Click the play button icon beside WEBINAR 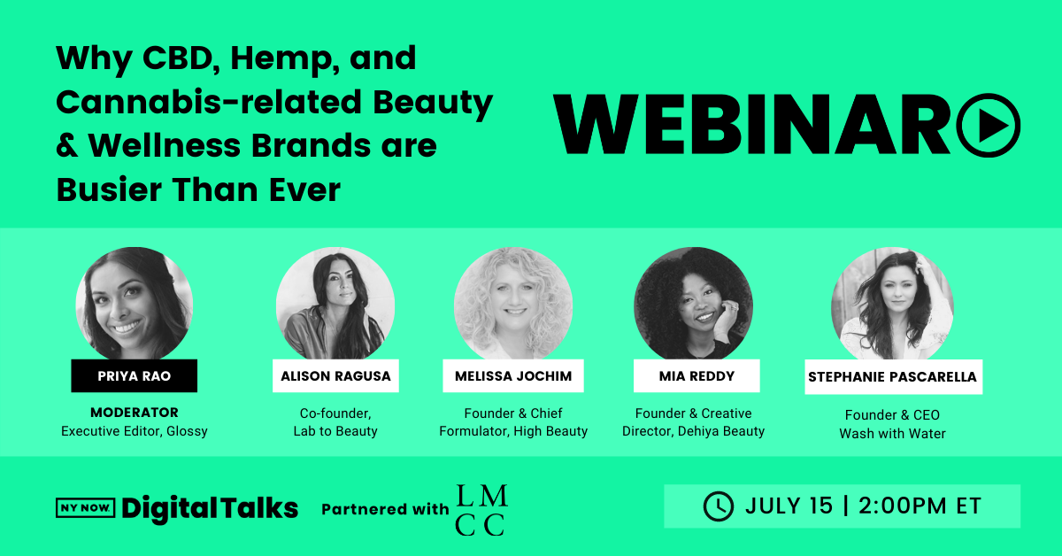pyautogui.click(x=989, y=125)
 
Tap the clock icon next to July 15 pyautogui.click(x=719, y=506)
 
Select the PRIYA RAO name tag pyautogui.click(x=135, y=375)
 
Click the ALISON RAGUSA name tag pyautogui.click(x=335, y=375)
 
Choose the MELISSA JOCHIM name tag pyautogui.click(x=513, y=375)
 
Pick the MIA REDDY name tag pyautogui.click(x=696, y=375)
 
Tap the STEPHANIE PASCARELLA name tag pyautogui.click(x=893, y=376)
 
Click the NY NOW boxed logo pyautogui.click(x=85, y=508)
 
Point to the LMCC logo pyautogui.click(x=481, y=510)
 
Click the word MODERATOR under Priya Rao pyautogui.click(x=135, y=413)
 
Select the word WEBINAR pyautogui.click(x=752, y=125)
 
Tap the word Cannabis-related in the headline pyautogui.click(x=209, y=102)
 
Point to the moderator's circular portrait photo pyautogui.click(x=135, y=304)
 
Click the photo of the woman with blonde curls pyautogui.click(x=513, y=304)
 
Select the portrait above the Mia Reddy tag pyautogui.click(x=693, y=304)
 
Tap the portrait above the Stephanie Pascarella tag pyautogui.click(x=892, y=304)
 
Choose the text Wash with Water pyautogui.click(x=892, y=434)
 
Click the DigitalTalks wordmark pyautogui.click(x=210, y=508)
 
